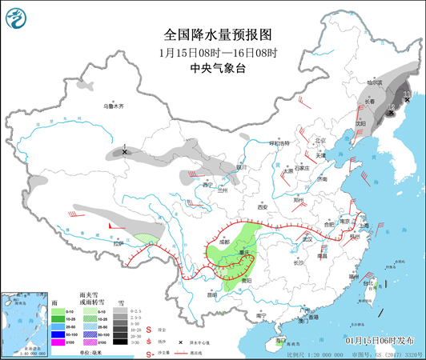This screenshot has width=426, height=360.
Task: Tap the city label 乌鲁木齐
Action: click(114, 106)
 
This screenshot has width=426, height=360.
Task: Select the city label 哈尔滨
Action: click(387, 82)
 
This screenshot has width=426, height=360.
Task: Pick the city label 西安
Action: click(261, 206)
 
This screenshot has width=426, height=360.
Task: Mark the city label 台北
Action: click(369, 283)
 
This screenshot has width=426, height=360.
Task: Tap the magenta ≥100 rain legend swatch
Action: click(59, 342)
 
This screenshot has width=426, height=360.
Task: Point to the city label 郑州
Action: click(299, 200)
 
